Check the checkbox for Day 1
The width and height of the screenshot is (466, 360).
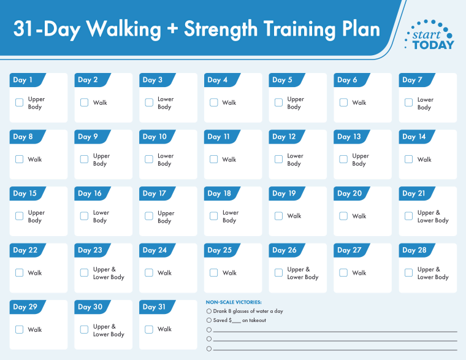point(20,102)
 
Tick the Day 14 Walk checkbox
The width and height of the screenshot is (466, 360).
point(409,159)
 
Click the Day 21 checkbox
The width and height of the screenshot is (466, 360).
point(409,216)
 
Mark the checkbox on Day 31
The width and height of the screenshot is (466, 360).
point(149,329)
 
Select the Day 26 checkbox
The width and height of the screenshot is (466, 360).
point(279,273)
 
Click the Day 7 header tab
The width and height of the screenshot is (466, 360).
point(413,80)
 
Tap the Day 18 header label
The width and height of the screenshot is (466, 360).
point(220,193)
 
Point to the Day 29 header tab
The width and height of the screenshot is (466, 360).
point(25,307)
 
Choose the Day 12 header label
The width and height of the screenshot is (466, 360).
point(284,137)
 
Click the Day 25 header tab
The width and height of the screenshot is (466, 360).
point(220,250)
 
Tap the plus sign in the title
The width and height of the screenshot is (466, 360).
point(171,29)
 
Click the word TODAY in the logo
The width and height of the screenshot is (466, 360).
point(434,45)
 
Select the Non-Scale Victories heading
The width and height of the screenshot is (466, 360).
point(234,302)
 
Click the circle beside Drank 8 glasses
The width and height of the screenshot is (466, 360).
point(209,311)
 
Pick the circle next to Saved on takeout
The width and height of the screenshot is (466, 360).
point(209,320)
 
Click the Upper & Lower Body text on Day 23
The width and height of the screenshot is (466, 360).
point(109,273)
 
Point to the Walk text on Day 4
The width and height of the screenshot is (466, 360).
point(229,103)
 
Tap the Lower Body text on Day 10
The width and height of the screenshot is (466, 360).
point(165,159)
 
